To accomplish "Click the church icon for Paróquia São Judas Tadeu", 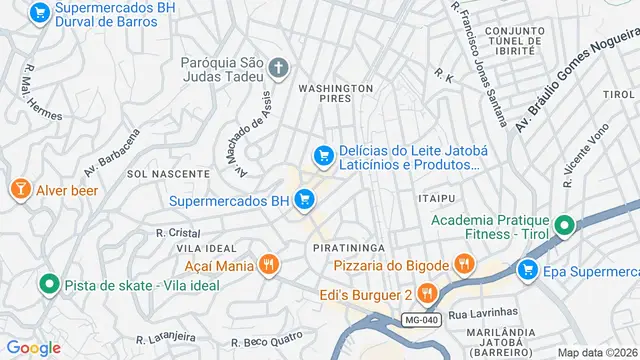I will [278, 69].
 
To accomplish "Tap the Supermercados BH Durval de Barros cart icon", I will [39, 13].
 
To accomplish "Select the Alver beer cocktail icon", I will [19, 188].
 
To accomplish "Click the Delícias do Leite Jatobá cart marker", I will [323, 155].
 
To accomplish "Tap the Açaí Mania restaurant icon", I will [268, 265].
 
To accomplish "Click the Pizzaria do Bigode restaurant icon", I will [463, 265].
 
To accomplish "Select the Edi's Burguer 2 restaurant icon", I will [427, 293].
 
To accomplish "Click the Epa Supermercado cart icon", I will [527, 269].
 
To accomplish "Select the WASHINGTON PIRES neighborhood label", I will [336, 94].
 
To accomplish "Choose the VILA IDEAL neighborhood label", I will [206, 247].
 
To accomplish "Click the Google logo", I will [33, 347].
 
